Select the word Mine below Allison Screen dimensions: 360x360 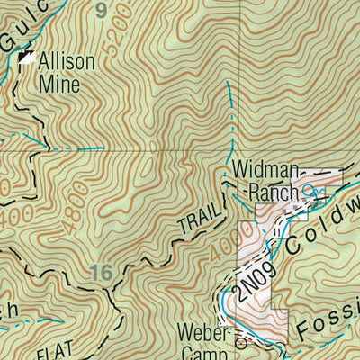tap(58, 85)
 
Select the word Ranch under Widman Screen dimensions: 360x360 tap(266, 192)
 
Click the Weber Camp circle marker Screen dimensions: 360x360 tap(239, 343)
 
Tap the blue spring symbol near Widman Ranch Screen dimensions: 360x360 tap(310, 190)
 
